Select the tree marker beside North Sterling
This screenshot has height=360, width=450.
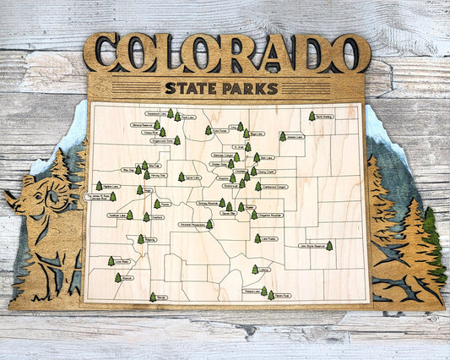(312, 116)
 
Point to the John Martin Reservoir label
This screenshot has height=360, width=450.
(311, 246)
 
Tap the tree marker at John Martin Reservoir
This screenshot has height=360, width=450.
(329, 246)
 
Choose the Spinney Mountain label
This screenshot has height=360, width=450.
(207, 204)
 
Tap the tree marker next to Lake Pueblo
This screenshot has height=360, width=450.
(258, 238)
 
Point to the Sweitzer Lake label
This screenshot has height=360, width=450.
(118, 215)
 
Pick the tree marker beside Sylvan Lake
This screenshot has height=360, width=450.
(181, 177)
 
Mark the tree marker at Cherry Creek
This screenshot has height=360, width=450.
(253, 171)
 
